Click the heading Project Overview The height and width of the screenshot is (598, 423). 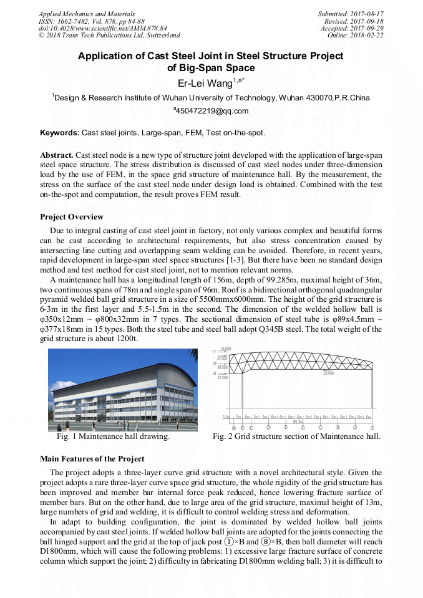[x=72, y=217]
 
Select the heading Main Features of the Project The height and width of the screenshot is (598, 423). [x=92, y=459]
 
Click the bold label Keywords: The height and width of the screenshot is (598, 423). [x=60, y=133]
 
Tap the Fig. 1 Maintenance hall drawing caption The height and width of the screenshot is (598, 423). [x=113, y=436]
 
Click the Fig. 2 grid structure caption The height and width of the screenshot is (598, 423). [x=296, y=436]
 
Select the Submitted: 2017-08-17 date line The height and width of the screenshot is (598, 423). [x=351, y=13]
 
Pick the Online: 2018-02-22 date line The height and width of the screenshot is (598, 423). [x=356, y=36]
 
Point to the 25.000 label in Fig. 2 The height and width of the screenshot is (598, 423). [x=328, y=373]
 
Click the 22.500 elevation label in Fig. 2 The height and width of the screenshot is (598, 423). [x=223, y=377]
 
